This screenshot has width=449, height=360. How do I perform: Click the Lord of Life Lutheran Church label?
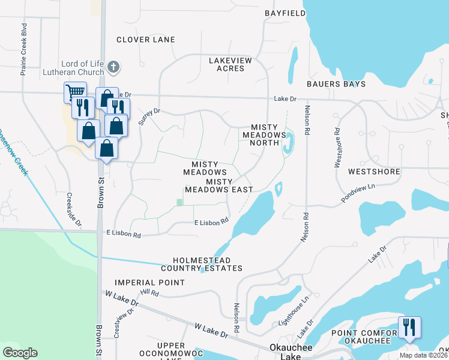83,68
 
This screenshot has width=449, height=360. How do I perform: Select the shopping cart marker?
74,92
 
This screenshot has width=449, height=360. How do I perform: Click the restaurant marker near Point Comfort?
409,327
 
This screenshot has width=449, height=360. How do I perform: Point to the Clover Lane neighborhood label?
146,40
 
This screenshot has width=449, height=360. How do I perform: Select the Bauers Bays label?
336,84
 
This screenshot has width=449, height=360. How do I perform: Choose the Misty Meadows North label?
261,134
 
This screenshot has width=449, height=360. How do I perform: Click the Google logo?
20,352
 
